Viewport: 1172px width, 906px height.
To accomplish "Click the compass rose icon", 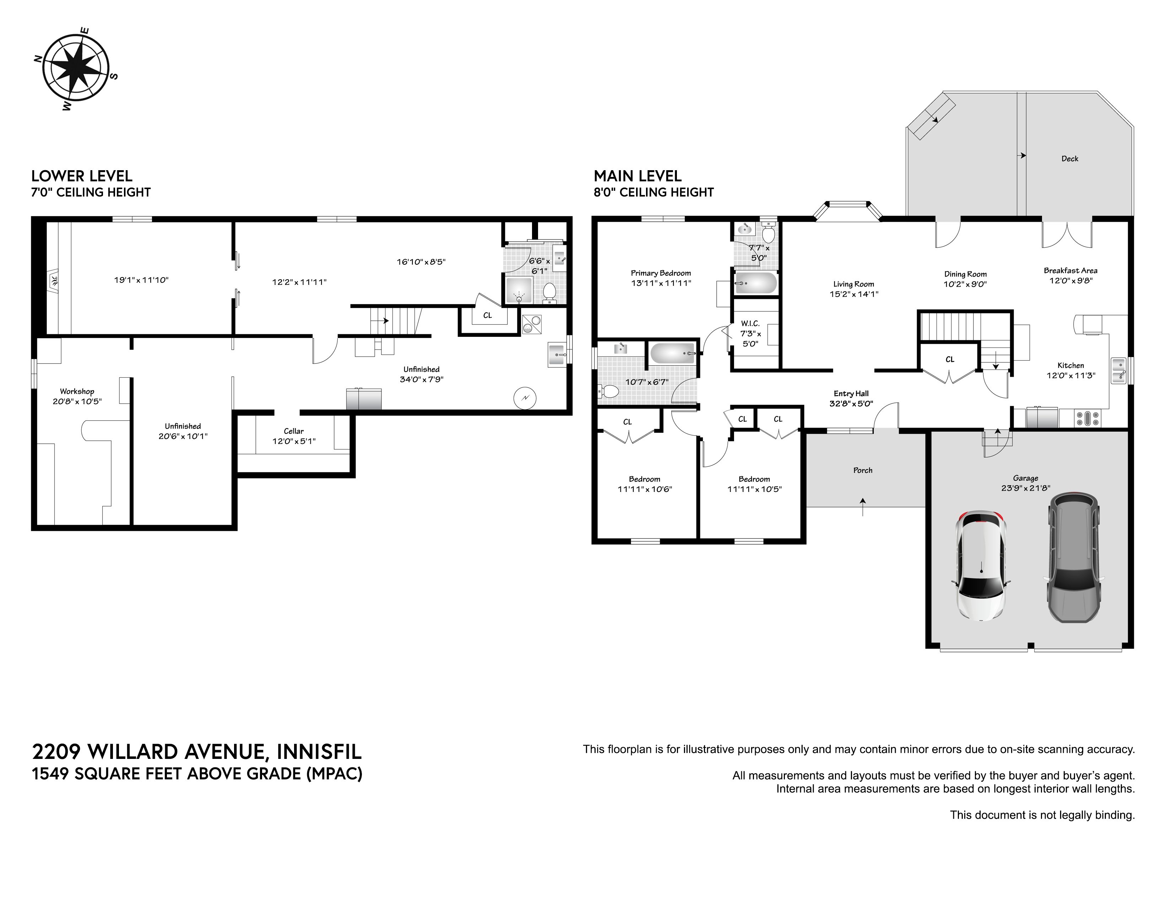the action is pyautogui.click(x=76, y=68).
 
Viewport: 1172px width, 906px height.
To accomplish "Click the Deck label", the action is pyautogui.click(x=1069, y=158).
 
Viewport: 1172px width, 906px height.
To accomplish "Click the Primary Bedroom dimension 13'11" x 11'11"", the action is pyautogui.click(x=661, y=283).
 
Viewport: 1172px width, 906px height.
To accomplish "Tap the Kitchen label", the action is pyautogui.click(x=1070, y=366).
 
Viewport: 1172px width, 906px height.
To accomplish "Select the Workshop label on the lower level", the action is pyautogui.click(x=77, y=391).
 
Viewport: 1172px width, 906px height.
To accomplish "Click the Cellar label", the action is pyautogui.click(x=294, y=431).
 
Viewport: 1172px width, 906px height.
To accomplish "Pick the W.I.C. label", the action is pyautogui.click(x=750, y=324).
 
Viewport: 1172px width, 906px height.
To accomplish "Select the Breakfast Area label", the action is pyautogui.click(x=1070, y=270).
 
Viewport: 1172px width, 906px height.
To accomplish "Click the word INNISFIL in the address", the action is pyautogui.click(x=319, y=751).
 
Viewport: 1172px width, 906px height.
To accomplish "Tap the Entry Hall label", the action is pyautogui.click(x=851, y=393).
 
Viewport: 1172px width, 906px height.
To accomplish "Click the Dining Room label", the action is pyautogui.click(x=965, y=274).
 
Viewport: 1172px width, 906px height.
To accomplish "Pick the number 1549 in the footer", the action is pyautogui.click(x=50, y=774).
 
